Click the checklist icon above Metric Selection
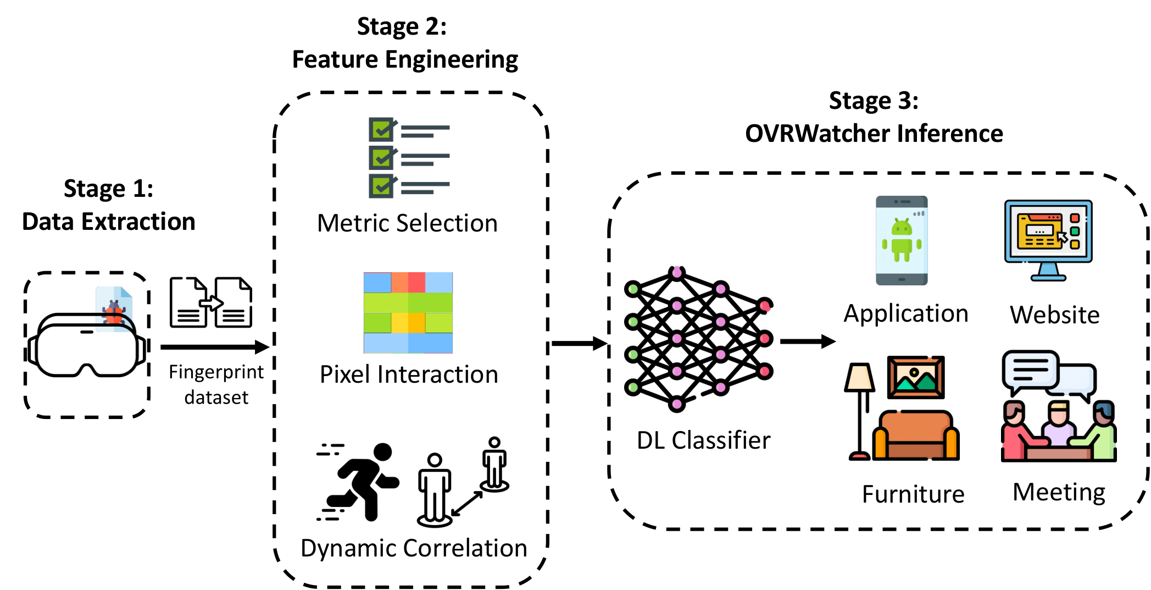409,157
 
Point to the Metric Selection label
407,223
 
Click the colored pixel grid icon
408,312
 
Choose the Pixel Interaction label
409,374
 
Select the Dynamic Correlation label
414,548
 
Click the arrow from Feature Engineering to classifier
579,344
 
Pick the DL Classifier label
703,440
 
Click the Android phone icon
902,240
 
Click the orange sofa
916,435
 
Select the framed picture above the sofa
916,377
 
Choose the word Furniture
913,494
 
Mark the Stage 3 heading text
874,117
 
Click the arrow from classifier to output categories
807,341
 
